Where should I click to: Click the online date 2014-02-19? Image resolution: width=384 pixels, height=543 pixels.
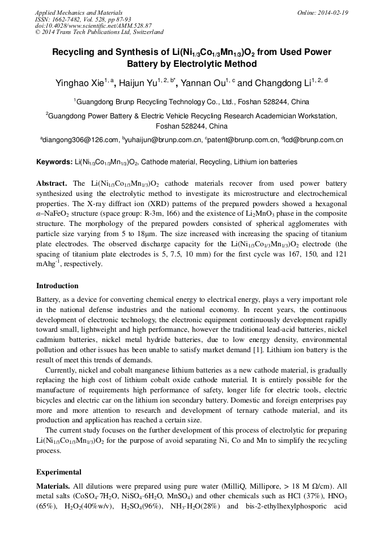332,12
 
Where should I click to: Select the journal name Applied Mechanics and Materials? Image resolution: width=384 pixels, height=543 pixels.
79,12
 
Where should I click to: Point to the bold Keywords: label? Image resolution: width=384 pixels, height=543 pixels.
54,163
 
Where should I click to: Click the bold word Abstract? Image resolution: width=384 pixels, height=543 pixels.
52,185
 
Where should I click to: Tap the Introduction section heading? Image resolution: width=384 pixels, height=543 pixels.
57,286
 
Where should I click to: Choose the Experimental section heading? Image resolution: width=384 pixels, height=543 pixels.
59,472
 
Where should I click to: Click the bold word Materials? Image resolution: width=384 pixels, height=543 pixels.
53,486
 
